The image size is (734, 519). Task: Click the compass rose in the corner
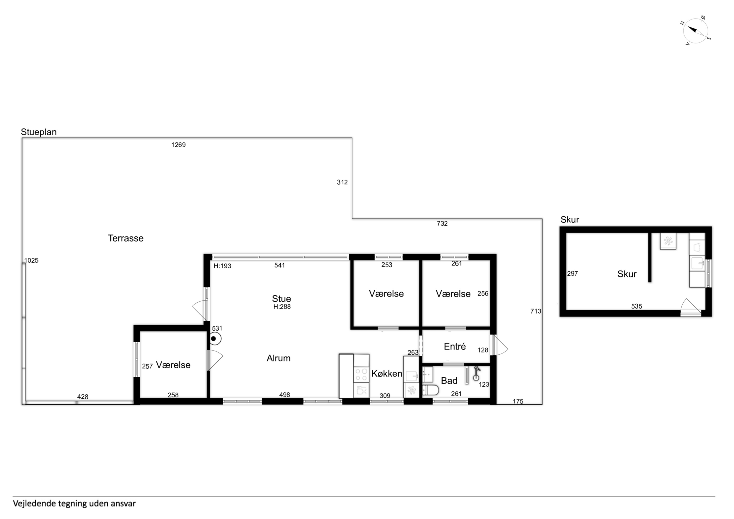point(695,31)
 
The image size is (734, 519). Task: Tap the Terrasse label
point(126,238)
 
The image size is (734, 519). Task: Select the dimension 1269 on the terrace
point(178,145)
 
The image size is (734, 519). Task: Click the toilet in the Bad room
point(430,390)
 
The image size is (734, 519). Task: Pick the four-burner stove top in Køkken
point(362,375)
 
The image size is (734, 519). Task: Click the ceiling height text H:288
point(282,307)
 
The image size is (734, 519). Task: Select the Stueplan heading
point(39,132)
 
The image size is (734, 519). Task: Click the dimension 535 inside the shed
point(636,306)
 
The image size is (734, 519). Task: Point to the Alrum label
point(278,358)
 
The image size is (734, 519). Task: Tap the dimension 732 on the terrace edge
point(442,223)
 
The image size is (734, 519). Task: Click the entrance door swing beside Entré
point(499,345)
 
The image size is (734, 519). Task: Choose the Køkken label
point(387,373)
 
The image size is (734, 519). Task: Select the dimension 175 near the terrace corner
point(518,401)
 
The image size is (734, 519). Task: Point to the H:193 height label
point(222,266)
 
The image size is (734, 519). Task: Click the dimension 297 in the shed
point(572,273)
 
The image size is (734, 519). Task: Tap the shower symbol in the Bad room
point(476,373)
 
